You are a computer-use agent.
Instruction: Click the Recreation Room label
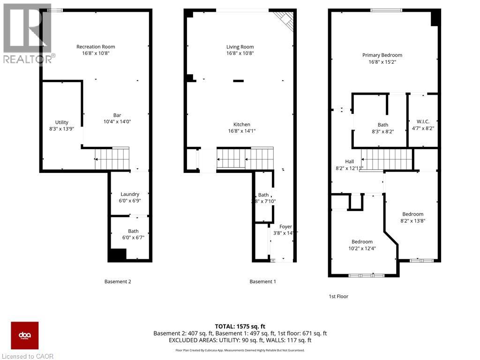click(x=96, y=47)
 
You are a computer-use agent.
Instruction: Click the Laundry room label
click(x=130, y=194)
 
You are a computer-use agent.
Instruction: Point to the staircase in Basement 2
click(x=112, y=158)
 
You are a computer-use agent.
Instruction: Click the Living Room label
click(x=240, y=47)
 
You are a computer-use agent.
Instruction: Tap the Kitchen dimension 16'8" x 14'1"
click(x=241, y=131)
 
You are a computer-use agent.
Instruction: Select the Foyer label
click(x=286, y=226)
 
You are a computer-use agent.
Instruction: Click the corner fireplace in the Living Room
click(x=284, y=20)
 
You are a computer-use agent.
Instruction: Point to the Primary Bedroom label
click(x=382, y=55)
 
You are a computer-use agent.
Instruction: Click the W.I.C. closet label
click(x=423, y=121)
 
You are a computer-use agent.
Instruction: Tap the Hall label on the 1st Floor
click(x=349, y=161)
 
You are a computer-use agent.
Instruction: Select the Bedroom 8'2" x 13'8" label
click(x=412, y=214)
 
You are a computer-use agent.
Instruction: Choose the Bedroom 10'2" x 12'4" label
click(x=362, y=242)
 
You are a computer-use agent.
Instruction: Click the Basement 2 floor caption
click(x=117, y=282)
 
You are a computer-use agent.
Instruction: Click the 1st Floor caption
click(x=338, y=296)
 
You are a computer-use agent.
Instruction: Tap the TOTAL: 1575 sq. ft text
click(x=240, y=326)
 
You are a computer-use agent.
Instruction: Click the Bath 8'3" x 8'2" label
click(x=383, y=125)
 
